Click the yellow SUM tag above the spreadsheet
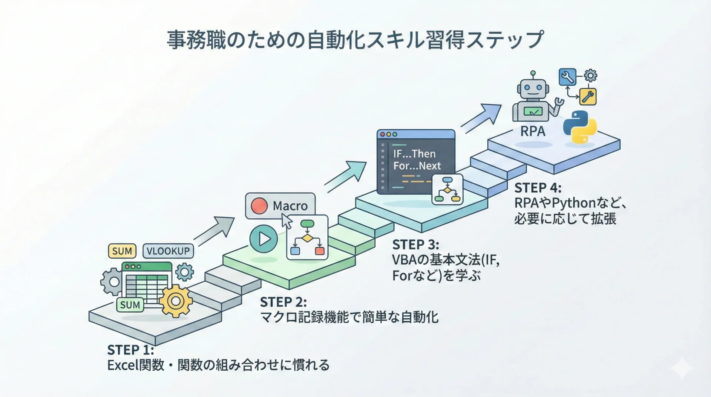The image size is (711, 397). [x=122, y=251]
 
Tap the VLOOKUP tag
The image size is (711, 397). [x=168, y=251]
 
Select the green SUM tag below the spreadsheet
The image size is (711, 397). [x=130, y=305]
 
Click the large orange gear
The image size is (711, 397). [x=176, y=301]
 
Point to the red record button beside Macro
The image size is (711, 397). [x=259, y=206]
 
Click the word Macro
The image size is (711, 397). [x=290, y=206]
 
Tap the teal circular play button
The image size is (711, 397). [x=263, y=239]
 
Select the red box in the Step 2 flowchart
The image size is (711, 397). [x=320, y=251]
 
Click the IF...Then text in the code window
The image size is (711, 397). [x=414, y=154]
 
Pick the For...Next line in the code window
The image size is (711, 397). [x=417, y=166]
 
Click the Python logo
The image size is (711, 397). [x=580, y=127]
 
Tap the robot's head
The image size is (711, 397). [x=532, y=89]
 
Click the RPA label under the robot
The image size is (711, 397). [x=533, y=131]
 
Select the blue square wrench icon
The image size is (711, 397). [x=567, y=77]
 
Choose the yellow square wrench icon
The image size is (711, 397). [x=588, y=97]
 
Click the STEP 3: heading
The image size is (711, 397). [x=415, y=245]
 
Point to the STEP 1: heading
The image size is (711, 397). [x=130, y=350]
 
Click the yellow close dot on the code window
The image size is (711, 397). [x=388, y=134]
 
